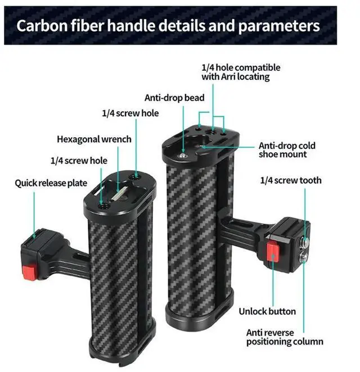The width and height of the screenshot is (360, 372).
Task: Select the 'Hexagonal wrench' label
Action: point(94,139)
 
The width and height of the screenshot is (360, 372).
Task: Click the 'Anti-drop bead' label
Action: point(174,97)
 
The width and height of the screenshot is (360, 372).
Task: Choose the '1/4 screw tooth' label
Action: point(291,180)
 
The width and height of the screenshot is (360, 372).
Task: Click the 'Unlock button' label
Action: point(267,311)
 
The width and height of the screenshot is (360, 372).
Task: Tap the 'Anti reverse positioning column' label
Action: point(285,336)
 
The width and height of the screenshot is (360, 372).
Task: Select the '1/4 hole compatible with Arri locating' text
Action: point(240,72)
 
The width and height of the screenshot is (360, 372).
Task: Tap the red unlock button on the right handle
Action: point(273,252)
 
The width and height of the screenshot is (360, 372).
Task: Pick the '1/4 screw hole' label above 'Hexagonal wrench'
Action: point(130,113)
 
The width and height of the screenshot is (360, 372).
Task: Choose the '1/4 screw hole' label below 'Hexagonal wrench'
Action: point(79,160)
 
